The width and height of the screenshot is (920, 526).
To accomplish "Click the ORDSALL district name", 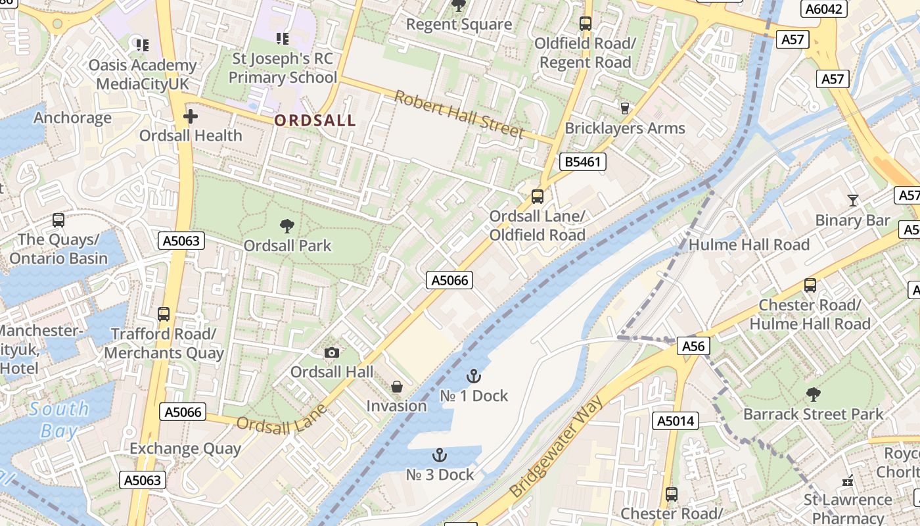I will click(x=315, y=120).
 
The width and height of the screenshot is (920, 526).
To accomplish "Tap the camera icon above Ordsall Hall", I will click(x=332, y=353).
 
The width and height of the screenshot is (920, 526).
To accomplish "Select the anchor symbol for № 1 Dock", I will click(x=473, y=376).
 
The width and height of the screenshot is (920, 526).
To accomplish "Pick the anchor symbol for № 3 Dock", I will click(x=439, y=455).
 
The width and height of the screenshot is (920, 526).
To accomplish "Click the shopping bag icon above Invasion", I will click(x=396, y=387).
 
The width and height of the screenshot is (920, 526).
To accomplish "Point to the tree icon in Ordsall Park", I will click(x=287, y=226).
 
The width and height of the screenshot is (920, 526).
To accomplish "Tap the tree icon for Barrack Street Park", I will click(x=813, y=394).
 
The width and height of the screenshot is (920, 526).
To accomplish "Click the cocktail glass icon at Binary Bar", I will click(x=852, y=201).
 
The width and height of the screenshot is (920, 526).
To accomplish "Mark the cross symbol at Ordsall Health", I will click(x=191, y=117).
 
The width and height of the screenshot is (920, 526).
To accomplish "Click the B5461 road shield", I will click(x=582, y=162).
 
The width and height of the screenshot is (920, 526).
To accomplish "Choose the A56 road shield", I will click(x=693, y=347).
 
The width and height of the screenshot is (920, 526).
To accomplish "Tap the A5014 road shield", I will click(x=675, y=421).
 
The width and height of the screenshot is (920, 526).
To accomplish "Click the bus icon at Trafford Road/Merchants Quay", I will click(x=164, y=314).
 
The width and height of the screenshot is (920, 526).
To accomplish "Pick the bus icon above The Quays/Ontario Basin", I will click(x=58, y=220).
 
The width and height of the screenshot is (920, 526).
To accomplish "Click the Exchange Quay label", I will click(x=185, y=449).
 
